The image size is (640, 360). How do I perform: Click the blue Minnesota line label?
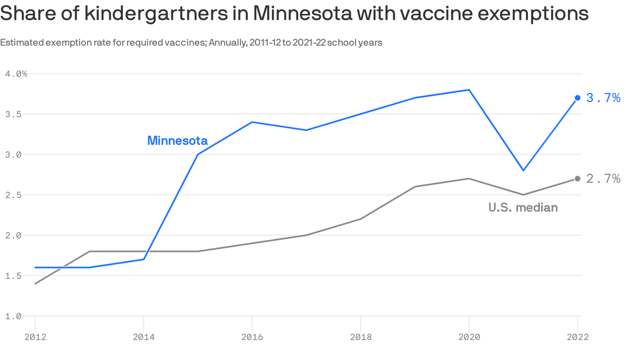coord(177,141)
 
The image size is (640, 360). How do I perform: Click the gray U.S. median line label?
coord(523,208)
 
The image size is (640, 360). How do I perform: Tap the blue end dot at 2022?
coord(577,98)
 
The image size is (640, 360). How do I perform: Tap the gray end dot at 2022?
coord(577,179)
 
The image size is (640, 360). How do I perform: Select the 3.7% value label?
coord(603,98)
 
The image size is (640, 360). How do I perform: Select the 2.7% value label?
coord(603,179)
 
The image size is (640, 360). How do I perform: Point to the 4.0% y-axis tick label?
coord(16,74)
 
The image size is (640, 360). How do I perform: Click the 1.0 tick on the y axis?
coord(14,316)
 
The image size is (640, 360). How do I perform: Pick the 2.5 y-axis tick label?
coord(14,195)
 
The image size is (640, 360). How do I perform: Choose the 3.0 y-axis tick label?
coord(14,155)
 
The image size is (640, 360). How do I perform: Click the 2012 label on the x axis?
coord(35,337)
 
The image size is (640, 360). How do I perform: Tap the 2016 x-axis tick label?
coord(252,337)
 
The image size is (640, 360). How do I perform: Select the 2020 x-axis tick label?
coord(469,337)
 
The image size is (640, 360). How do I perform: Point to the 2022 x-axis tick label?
coord(577,337)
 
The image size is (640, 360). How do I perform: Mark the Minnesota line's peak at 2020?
coord(469,90)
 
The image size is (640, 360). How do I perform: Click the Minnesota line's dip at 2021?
coord(523,170)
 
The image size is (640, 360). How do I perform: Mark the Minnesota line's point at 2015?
coord(198,154)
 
